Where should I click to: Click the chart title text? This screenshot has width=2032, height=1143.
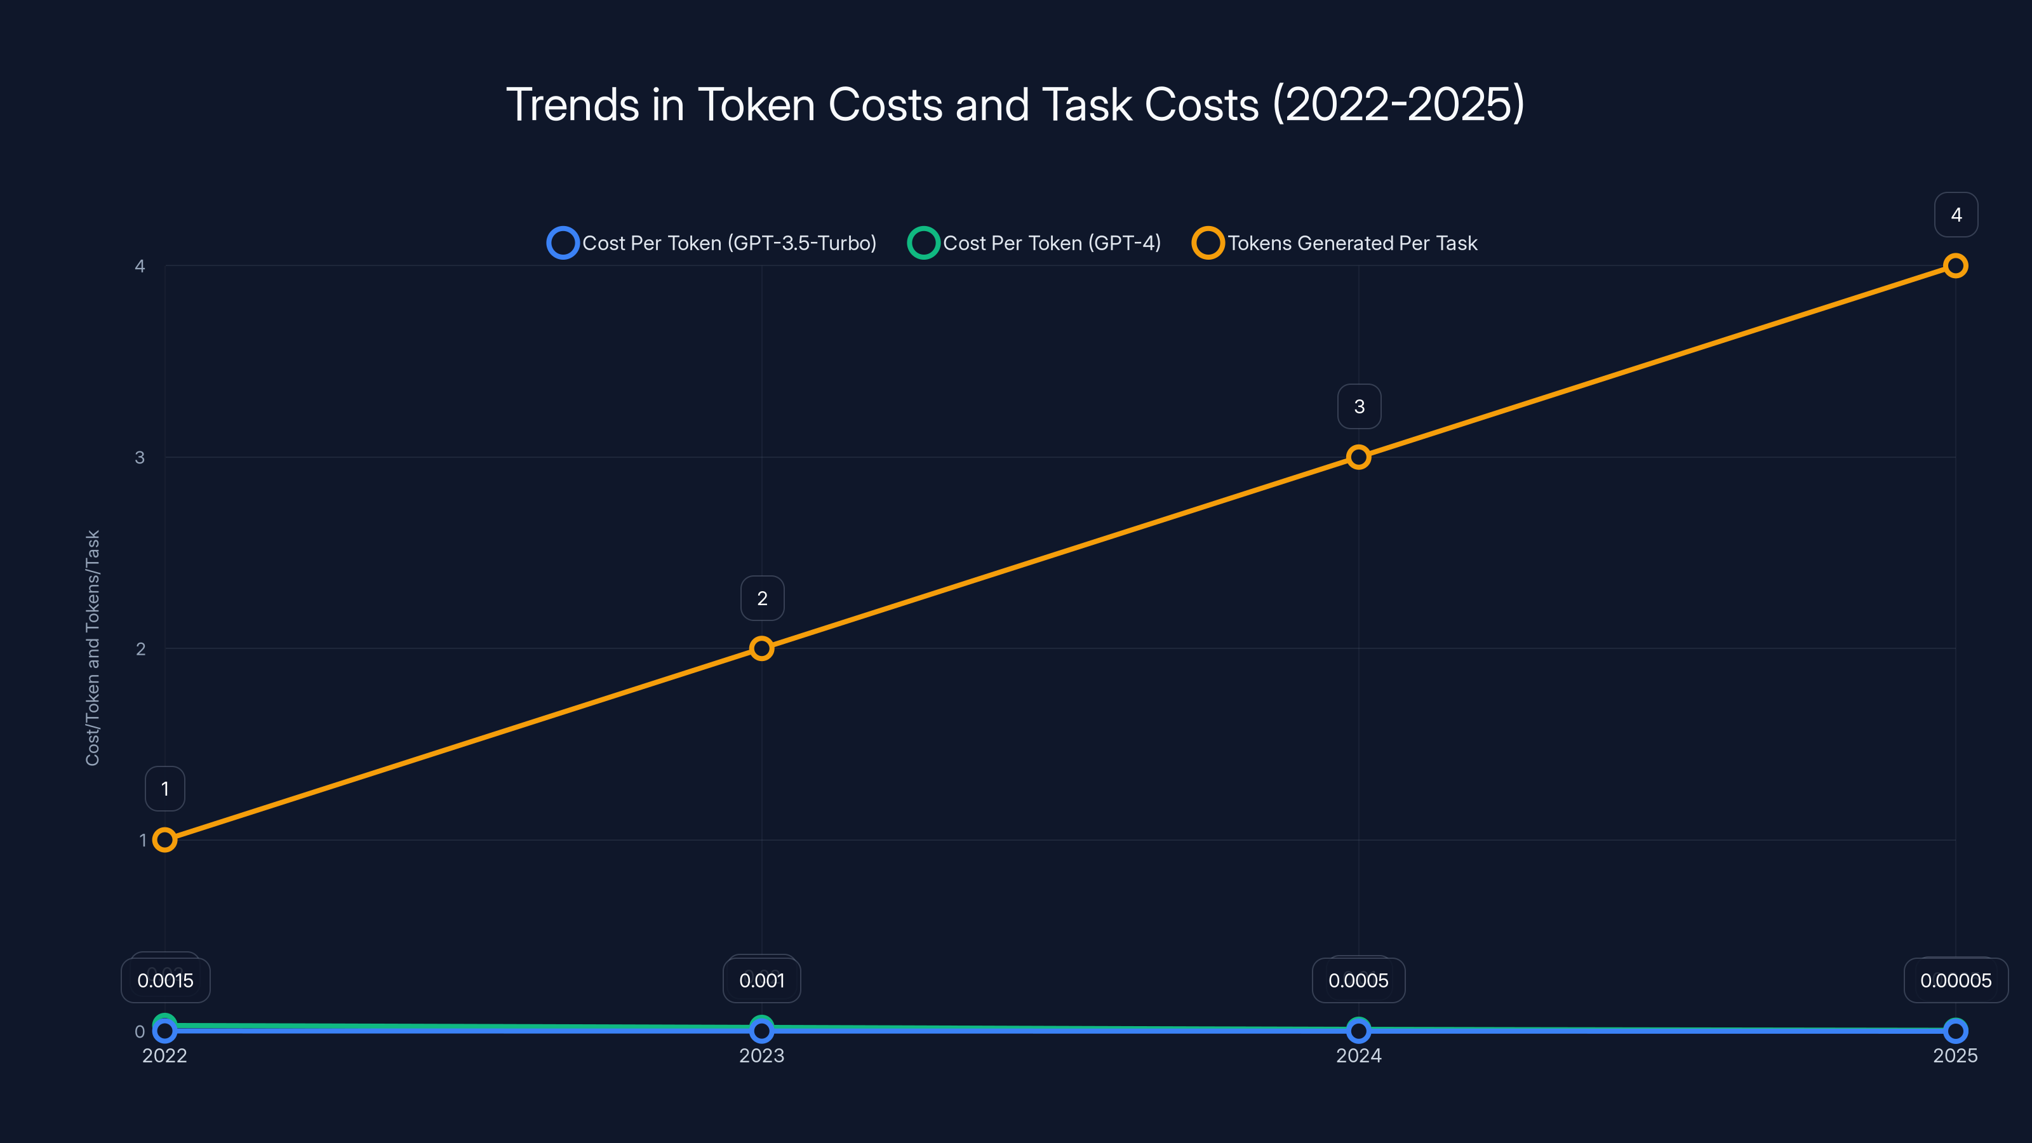[x=1015, y=104]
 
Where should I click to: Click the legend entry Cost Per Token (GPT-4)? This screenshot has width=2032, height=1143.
[x=1034, y=243]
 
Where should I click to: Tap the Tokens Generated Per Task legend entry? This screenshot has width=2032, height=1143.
[x=1335, y=243]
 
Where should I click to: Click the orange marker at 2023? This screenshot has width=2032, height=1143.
[x=761, y=648]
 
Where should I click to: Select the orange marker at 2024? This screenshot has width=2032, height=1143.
[x=1358, y=457]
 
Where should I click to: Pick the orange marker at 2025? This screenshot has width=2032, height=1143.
[x=1955, y=266]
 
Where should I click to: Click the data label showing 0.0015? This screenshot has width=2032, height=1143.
[x=165, y=980]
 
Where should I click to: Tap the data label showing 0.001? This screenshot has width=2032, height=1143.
[x=761, y=980]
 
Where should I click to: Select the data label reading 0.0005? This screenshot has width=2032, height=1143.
[x=1358, y=980]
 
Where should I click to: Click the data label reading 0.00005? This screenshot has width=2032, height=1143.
[x=1956, y=980]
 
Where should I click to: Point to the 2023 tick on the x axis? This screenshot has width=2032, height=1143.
[x=761, y=1055]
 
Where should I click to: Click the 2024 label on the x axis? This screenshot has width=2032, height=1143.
[x=1358, y=1055]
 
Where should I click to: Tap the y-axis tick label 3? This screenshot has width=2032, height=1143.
[x=140, y=457]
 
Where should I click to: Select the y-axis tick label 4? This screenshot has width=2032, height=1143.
[x=140, y=266]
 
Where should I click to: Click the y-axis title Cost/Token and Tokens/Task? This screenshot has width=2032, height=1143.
[x=92, y=647]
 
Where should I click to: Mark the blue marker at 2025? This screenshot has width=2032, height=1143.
[x=1955, y=1030]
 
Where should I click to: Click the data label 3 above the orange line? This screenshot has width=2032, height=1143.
[x=1358, y=406]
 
